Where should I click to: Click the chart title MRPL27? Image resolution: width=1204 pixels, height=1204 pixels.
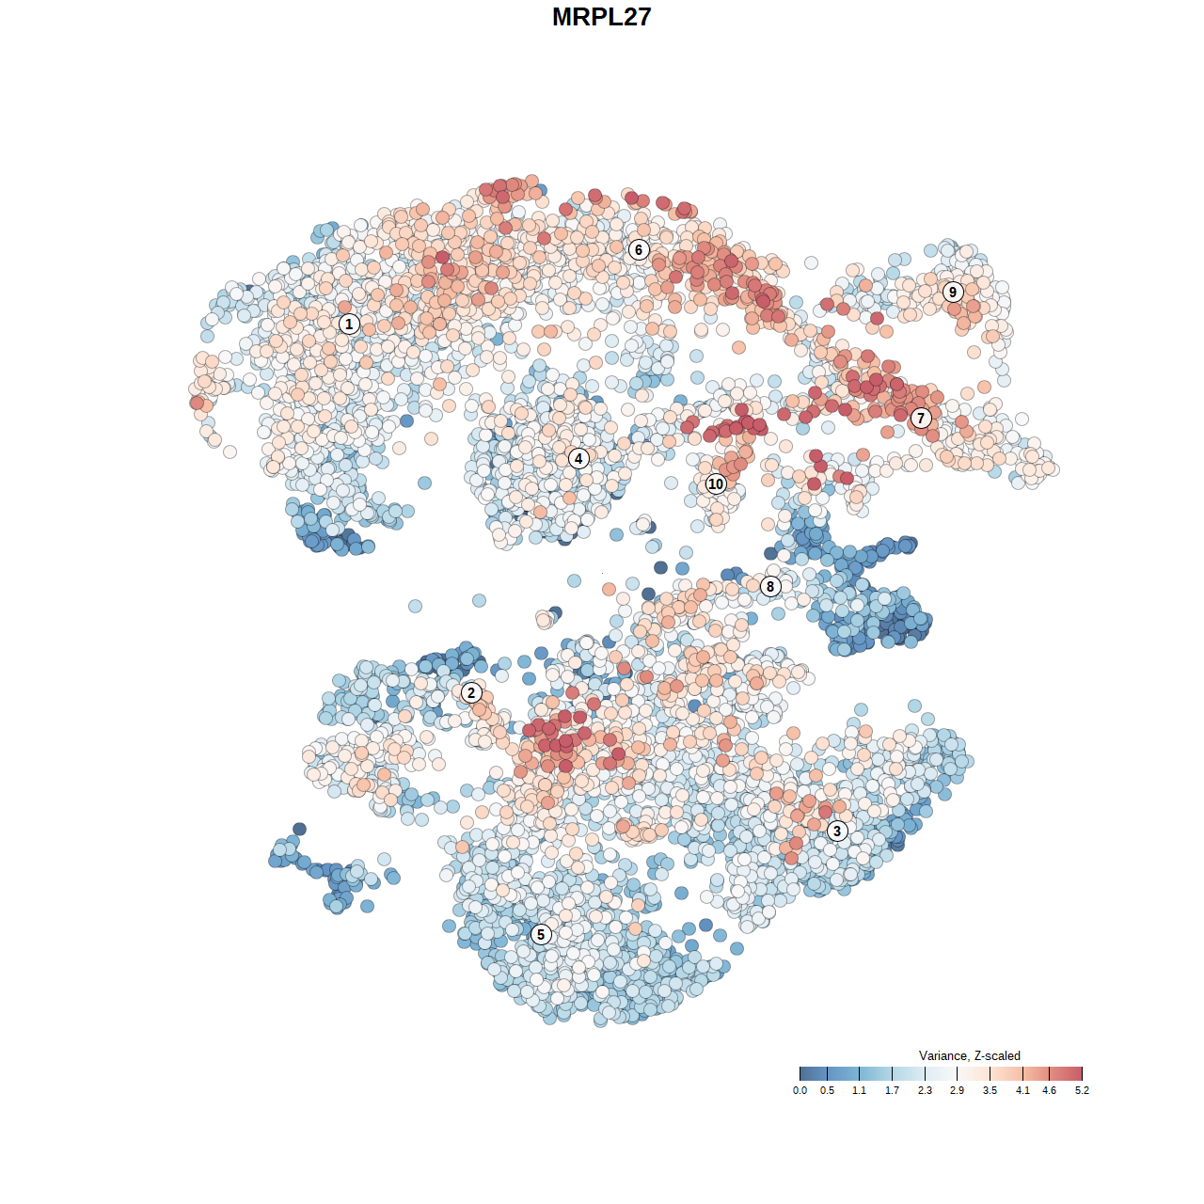pyautogui.click(x=601, y=17)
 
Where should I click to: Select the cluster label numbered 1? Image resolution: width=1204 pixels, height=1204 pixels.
pyautogui.click(x=349, y=325)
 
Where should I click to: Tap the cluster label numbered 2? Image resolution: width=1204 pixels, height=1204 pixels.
pyautogui.click(x=471, y=693)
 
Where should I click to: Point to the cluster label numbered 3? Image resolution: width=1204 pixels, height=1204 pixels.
pyautogui.click(x=837, y=831)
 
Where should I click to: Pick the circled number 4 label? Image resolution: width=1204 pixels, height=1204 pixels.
pyautogui.click(x=578, y=459)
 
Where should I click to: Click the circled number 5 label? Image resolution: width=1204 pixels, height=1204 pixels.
pyautogui.click(x=541, y=934)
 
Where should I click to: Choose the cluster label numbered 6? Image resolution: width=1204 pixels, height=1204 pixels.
pyautogui.click(x=639, y=250)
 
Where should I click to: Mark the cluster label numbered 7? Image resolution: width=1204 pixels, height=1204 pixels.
pyautogui.click(x=921, y=419)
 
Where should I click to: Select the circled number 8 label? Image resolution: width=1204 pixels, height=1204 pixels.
pyautogui.click(x=770, y=587)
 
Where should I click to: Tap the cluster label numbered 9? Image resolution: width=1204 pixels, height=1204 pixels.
pyautogui.click(x=953, y=292)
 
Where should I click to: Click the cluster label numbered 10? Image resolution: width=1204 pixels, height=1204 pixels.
pyautogui.click(x=716, y=484)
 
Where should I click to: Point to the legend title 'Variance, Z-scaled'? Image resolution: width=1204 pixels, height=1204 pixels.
pyautogui.click(x=969, y=1056)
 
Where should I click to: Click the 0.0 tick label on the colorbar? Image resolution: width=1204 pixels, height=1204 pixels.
pyautogui.click(x=800, y=1091)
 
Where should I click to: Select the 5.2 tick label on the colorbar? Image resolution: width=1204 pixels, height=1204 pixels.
pyautogui.click(x=1082, y=1091)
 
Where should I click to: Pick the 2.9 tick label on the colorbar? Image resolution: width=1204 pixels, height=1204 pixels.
pyautogui.click(x=957, y=1091)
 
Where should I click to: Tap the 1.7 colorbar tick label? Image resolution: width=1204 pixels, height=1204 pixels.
pyautogui.click(x=892, y=1091)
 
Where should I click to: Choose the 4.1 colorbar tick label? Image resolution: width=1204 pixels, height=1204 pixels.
pyautogui.click(x=1022, y=1091)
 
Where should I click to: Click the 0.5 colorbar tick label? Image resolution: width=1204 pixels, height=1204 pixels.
pyautogui.click(x=827, y=1091)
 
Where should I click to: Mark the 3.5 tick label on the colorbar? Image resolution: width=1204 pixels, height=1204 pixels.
pyautogui.click(x=990, y=1091)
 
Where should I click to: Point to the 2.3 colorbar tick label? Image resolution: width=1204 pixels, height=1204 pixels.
pyautogui.click(x=925, y=1091)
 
